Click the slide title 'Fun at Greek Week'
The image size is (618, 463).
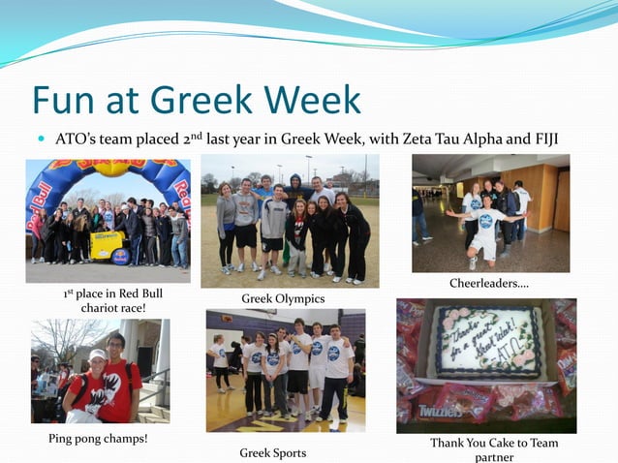(197, 100)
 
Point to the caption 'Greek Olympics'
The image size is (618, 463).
(283, 298)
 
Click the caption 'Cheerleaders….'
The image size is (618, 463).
(488, 283)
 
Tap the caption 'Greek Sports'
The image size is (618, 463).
(272, 452)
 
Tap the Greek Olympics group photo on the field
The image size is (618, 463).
(290, 221)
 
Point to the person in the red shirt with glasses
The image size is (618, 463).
(117, 373)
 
